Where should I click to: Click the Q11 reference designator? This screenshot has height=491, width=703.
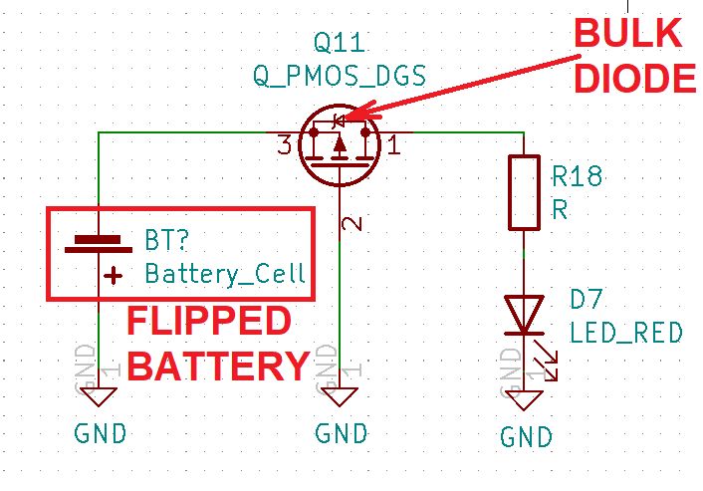(x=340, y=43)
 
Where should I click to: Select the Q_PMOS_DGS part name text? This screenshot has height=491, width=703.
(x=340, y=76)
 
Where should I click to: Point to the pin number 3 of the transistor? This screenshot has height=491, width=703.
(x=284, y=146)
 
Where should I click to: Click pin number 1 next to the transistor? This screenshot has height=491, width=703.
(x=393, y=147)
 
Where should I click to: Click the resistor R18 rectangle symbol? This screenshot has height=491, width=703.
(x=521, y=191)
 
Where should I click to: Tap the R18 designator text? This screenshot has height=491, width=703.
(x=577, y=177)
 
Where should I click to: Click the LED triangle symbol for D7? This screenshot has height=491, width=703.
(x=521, y=315)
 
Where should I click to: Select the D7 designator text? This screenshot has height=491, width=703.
(x=587, y=299)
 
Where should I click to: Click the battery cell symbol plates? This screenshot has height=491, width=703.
(x=99, y=243)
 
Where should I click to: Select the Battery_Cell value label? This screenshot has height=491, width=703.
(x=225, y=273)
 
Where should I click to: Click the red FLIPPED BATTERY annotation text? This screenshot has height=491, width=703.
(x=216, y=345)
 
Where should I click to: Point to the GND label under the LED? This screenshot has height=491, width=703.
(x=526, y=436)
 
